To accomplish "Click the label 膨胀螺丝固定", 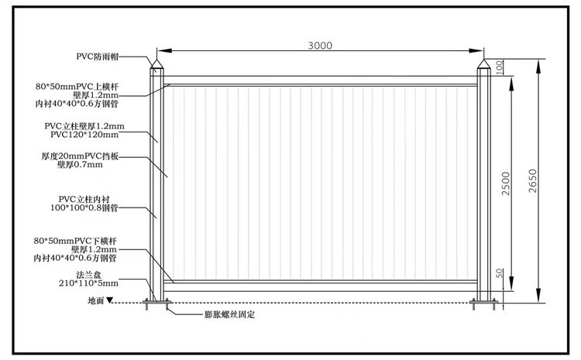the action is (x=230, y=315).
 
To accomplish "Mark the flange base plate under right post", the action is (x=485, y=301).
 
